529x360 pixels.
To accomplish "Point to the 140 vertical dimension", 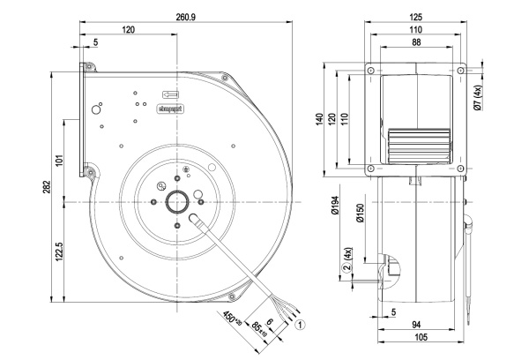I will click(323, 119).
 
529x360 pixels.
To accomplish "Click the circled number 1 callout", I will click(302, 324).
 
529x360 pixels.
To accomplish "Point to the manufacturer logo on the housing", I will click(168, 107).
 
